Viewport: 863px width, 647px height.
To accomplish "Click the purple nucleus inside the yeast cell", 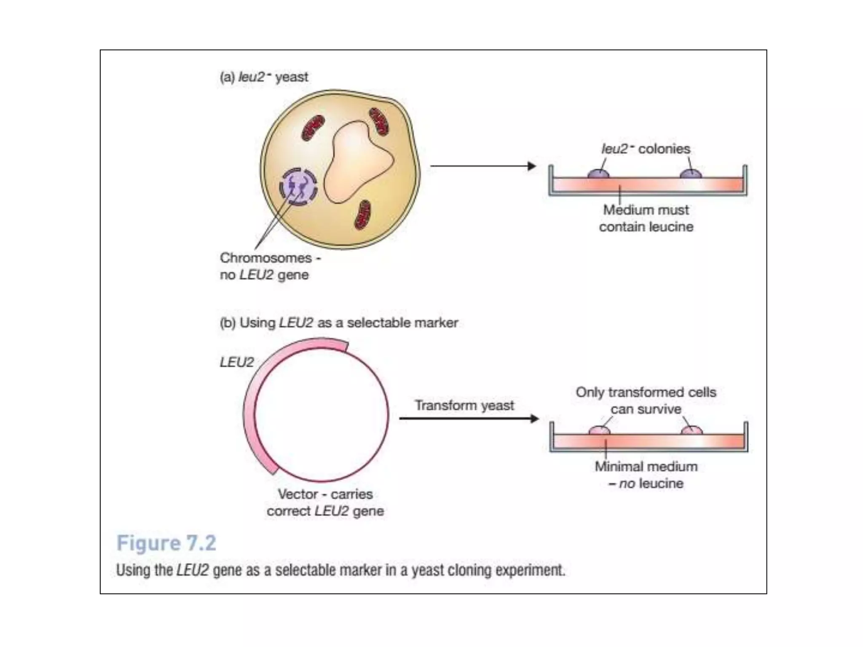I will [298, 187].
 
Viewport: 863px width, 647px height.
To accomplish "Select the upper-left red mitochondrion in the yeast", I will [313, 128].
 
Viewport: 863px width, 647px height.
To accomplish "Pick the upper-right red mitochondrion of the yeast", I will [379, 122].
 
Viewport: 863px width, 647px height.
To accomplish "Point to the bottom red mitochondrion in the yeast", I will [362, 215].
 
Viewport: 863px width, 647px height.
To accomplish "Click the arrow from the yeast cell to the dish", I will [482, 166].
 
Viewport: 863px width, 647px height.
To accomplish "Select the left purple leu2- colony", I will [598, 173].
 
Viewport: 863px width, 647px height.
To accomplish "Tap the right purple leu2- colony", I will [691, 173].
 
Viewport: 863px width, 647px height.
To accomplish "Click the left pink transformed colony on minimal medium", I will [599, 430].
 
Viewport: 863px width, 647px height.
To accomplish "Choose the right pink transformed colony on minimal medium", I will [692, 430].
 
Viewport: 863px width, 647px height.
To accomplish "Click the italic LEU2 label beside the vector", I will [236, 362].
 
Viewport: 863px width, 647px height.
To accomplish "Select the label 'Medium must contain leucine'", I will [646, 218].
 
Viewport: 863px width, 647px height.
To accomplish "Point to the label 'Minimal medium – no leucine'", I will [646, 475].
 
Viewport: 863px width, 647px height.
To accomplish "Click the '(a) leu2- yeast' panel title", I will [264, 77].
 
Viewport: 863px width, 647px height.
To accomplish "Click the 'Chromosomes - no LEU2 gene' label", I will [270, 266].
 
